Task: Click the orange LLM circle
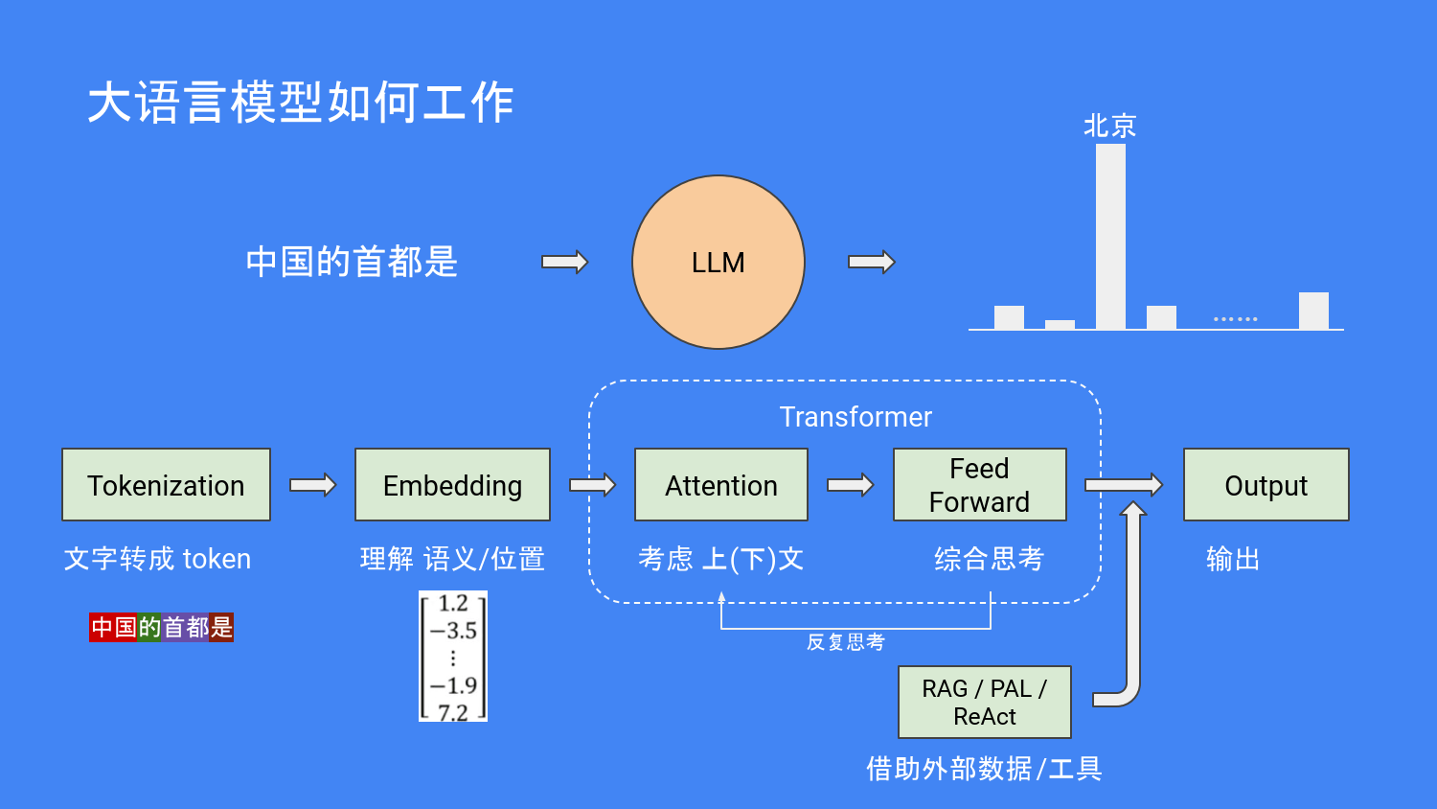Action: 718,262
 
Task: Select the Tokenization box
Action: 166,485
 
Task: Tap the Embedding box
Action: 452,485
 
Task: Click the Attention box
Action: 720,485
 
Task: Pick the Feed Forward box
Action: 979,485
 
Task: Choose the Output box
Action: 1266,485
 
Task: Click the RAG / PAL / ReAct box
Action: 984,702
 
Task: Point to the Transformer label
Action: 855,417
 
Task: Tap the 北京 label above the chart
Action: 1109,126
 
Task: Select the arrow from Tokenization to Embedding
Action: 312,485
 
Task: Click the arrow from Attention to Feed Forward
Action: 850,485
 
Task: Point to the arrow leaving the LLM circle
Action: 871,262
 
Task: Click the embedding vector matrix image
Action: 453,657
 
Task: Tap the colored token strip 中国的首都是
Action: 161,627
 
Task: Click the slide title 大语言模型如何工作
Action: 301,103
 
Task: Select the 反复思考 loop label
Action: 845,642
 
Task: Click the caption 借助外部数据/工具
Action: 984,768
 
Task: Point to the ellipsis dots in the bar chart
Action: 1235,318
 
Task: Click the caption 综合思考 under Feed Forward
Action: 989,559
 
